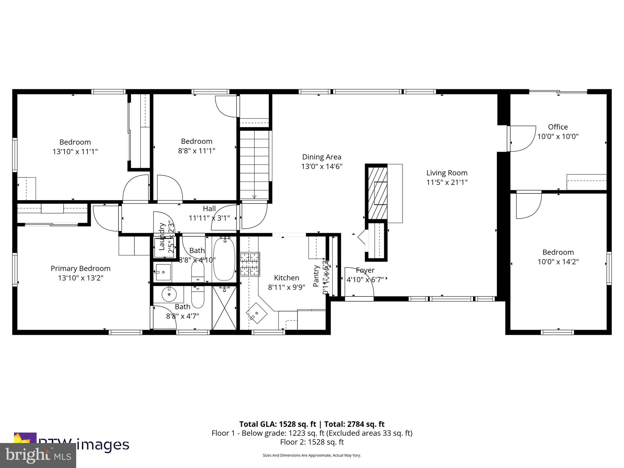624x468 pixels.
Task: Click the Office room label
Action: point(558,127)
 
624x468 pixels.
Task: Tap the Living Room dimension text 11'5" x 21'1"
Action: point(447,182)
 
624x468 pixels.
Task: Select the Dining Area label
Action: point(321,157)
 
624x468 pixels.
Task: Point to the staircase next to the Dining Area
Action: point(254,165)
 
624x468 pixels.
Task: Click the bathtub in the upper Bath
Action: point(224,259)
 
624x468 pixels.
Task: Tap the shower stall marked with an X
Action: point(224,307)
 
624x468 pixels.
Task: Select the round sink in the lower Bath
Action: point(169,294)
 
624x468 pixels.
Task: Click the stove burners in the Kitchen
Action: point(250,264)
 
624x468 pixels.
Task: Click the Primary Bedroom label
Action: point(80,268)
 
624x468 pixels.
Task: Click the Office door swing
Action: point(522,139)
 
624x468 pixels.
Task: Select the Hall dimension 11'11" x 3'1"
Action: point(209,218)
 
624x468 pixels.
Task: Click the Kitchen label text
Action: point(286,278)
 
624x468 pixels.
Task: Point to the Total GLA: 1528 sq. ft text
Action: point(278,424)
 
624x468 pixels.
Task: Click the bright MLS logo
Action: point(38,455)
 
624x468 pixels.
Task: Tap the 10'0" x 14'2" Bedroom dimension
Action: point(558,261)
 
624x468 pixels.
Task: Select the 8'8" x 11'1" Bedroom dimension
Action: point(197,151)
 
